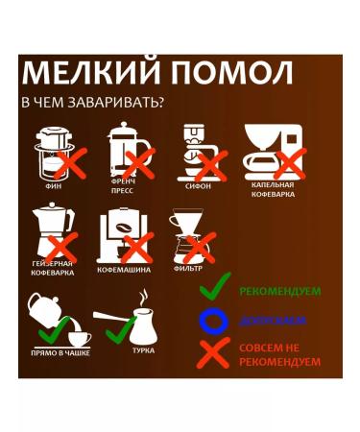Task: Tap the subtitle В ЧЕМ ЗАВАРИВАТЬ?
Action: click(x=91, y=102)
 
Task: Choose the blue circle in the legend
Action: click(x=214, y=321)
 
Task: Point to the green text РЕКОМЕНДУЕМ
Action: click(x=280, y=291)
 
